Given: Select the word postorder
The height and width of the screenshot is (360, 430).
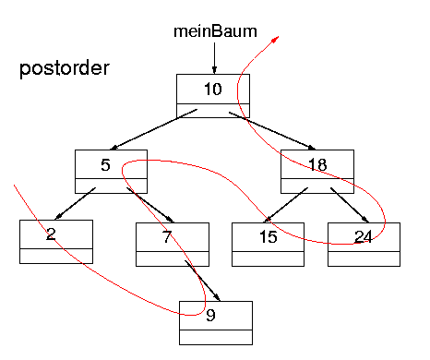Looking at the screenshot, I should [65, 69].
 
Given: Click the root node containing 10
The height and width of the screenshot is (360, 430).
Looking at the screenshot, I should [214, 90].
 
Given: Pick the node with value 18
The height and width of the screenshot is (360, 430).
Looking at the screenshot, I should [317, 165].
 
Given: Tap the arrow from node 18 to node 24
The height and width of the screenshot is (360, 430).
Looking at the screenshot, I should [345, 204].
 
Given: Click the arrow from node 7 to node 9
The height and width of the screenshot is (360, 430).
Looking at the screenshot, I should [203, 282].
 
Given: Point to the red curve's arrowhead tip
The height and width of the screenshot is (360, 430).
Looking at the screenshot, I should [280, 38].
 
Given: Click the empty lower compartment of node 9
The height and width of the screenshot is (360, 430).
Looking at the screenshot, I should [215, 336].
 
